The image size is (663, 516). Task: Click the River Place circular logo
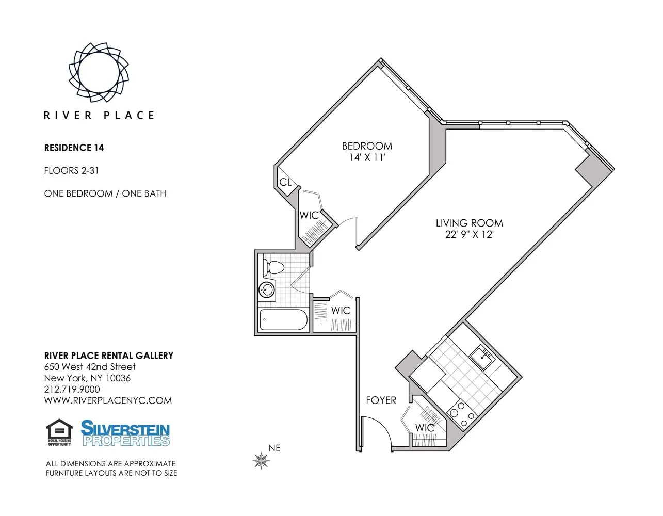[x=99, y=72]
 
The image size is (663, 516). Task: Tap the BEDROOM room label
[x=367, y=146]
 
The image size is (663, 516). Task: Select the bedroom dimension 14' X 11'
[x=367, y=158]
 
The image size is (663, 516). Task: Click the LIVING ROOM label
[x=469, y=223]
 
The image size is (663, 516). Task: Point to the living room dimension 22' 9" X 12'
[x=469, y=235]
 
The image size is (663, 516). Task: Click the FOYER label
[x=381, y=400]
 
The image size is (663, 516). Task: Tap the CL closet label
[x=285, y=183]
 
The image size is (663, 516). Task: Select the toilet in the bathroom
[x=273, y=268]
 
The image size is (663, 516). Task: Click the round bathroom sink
[x=266, y=289]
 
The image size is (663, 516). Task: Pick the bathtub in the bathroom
[x=283, y=320]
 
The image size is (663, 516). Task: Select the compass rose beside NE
[x=262, y=460]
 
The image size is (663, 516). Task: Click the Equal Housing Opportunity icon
[x=59, y=432]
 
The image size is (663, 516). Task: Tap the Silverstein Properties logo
[x=125, y=433]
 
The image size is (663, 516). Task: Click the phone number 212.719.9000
[x=72, y=390]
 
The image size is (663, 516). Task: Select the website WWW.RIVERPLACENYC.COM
[x=108, y=401]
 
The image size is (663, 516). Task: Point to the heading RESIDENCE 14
[x=74, y=148]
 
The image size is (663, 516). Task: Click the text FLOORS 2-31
[x=71, y=171]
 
